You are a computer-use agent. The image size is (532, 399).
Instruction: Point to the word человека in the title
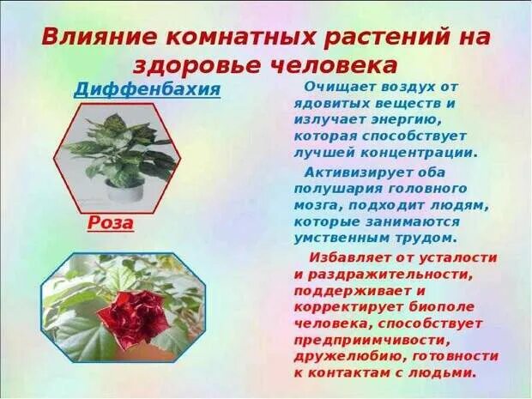pyautogui.click(x=336, y=65)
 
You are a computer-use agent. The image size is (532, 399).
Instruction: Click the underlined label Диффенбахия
pyautogui.click(x=147, y=89)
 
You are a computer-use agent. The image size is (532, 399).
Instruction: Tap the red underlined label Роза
pyautogui.click(x=112, y=223)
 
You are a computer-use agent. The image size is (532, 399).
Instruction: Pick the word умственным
pyautogui.click(x=348, y=237)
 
